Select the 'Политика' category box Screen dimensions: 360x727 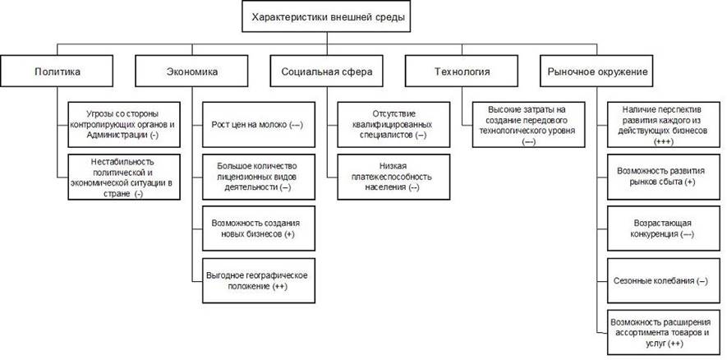[x=58, y=72]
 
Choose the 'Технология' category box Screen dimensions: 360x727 [x=461, y=72]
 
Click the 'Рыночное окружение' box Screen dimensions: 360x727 [x=597, y=72]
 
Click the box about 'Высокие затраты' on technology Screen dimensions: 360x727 [x=527, y=124]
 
